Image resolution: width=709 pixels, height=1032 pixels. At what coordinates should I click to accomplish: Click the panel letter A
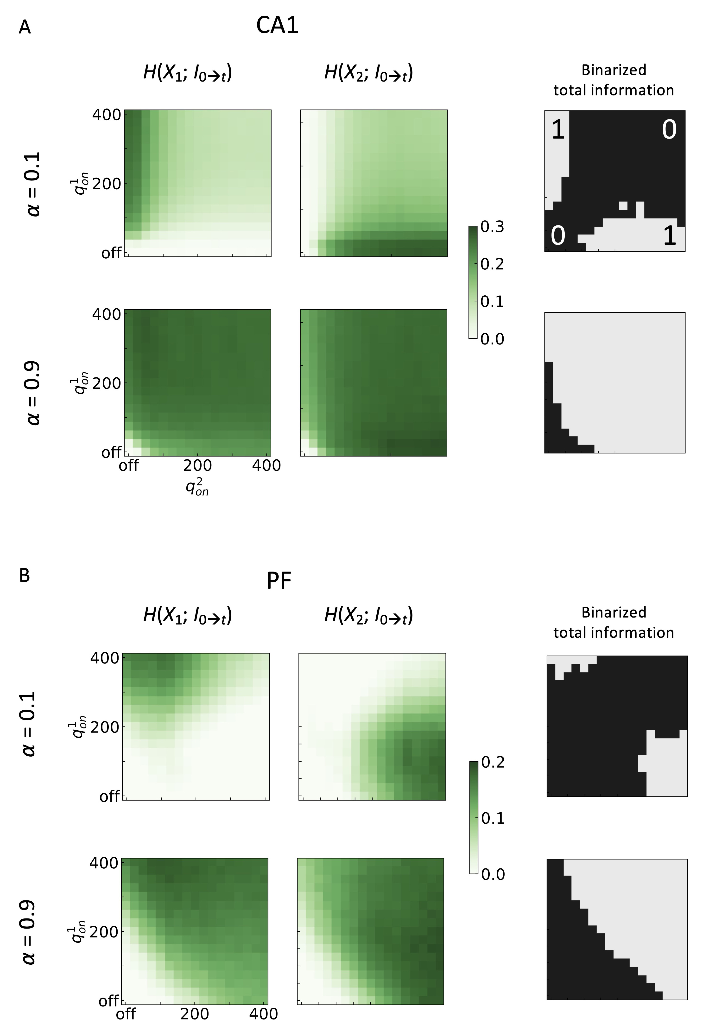25,27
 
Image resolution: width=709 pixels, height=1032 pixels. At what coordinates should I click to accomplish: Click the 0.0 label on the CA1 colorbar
493,339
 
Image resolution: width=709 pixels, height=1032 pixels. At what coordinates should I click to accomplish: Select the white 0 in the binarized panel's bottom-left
558,235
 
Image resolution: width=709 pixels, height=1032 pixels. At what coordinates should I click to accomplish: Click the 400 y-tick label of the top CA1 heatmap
107,115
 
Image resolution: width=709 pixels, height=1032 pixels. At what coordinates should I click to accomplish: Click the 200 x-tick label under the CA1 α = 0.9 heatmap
197,465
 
